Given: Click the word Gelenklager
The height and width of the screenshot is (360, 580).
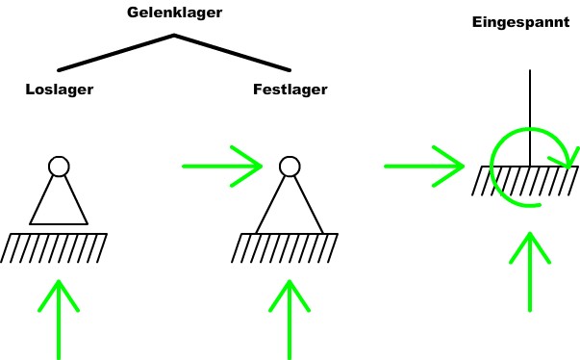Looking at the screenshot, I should pos(174,13).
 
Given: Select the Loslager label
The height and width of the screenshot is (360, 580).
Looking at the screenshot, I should pos(59,90).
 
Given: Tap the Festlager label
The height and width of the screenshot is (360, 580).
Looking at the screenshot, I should pos(290,90).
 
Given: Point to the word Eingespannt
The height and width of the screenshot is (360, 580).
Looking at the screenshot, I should pos(520,21).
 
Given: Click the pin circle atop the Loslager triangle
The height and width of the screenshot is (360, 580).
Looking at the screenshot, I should pos(59,167).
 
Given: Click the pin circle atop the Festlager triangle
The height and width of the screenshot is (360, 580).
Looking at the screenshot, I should pos(290,167).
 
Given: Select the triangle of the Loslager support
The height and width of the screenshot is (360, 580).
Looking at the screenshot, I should pos(59,204).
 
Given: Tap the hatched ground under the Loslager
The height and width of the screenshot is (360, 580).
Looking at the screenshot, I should pos(54,247).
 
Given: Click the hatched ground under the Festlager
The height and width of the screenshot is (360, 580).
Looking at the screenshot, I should pos(285,247).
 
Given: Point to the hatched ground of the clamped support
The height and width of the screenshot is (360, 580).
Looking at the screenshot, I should pos(524,180).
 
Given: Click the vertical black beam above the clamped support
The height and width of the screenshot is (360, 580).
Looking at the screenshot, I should pos(530,106).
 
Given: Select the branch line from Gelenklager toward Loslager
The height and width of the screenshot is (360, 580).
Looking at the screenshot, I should pos(115,53).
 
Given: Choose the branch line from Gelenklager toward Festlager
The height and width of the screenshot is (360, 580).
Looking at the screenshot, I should pos(232,53).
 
